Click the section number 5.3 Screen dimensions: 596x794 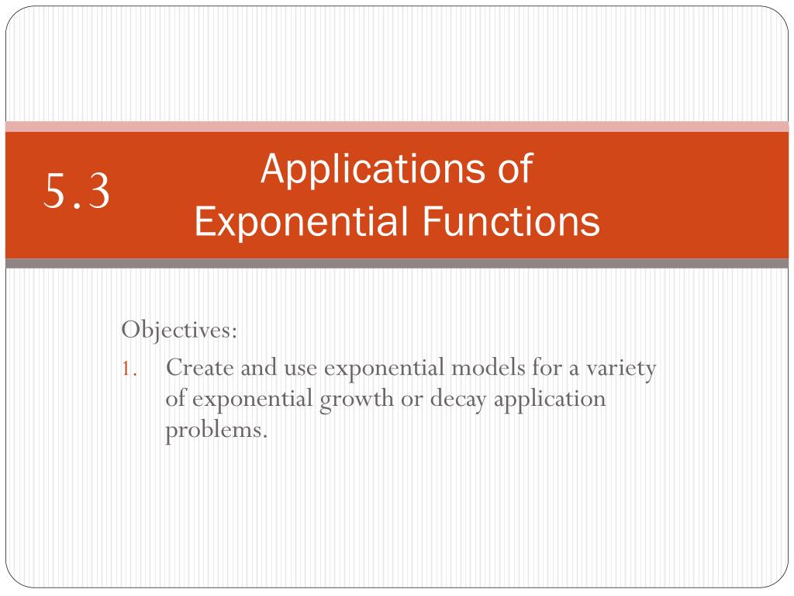pos(77,192)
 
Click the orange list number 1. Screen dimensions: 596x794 pos(129,368)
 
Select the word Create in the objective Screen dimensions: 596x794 pos(197,367)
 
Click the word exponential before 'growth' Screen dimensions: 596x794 pos(252,399)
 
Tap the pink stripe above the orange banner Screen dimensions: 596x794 pos(397,126)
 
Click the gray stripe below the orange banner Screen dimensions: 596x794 pos(397,264)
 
